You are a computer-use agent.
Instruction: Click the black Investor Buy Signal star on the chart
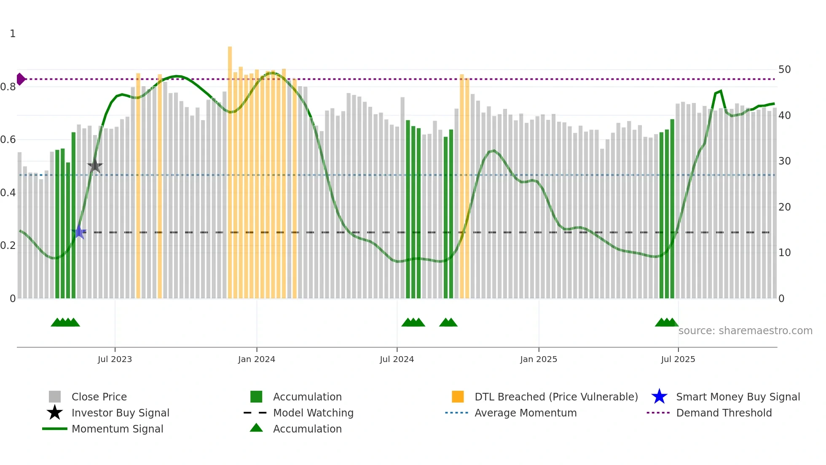[95, 165]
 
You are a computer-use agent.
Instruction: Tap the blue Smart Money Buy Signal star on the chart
[79, 232]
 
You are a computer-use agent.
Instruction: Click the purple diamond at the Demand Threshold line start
[21, 79]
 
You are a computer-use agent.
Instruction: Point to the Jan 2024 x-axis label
[256, 359]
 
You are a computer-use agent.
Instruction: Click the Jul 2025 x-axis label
[678, 359]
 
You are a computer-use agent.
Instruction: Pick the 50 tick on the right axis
[784, 69]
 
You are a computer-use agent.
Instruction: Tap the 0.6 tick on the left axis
[8, 140]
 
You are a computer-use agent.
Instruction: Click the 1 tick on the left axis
[13, 34]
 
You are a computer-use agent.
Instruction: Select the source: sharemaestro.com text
[745, 330]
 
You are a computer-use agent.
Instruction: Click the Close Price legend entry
[99, 397]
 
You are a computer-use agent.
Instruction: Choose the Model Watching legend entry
[313, 413]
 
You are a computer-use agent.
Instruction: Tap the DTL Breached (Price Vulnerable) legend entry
[556, 397]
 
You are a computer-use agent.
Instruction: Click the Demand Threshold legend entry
[724, 413]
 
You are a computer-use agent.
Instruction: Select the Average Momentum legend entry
[526, 413]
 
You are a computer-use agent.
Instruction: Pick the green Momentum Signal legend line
[55, 429]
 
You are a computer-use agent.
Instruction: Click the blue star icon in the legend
[659, 397]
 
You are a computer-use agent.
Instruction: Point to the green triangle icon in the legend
[256, 428]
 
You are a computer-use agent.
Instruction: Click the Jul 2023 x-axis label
[115, 359]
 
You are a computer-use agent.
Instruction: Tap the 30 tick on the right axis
[784, 161]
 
